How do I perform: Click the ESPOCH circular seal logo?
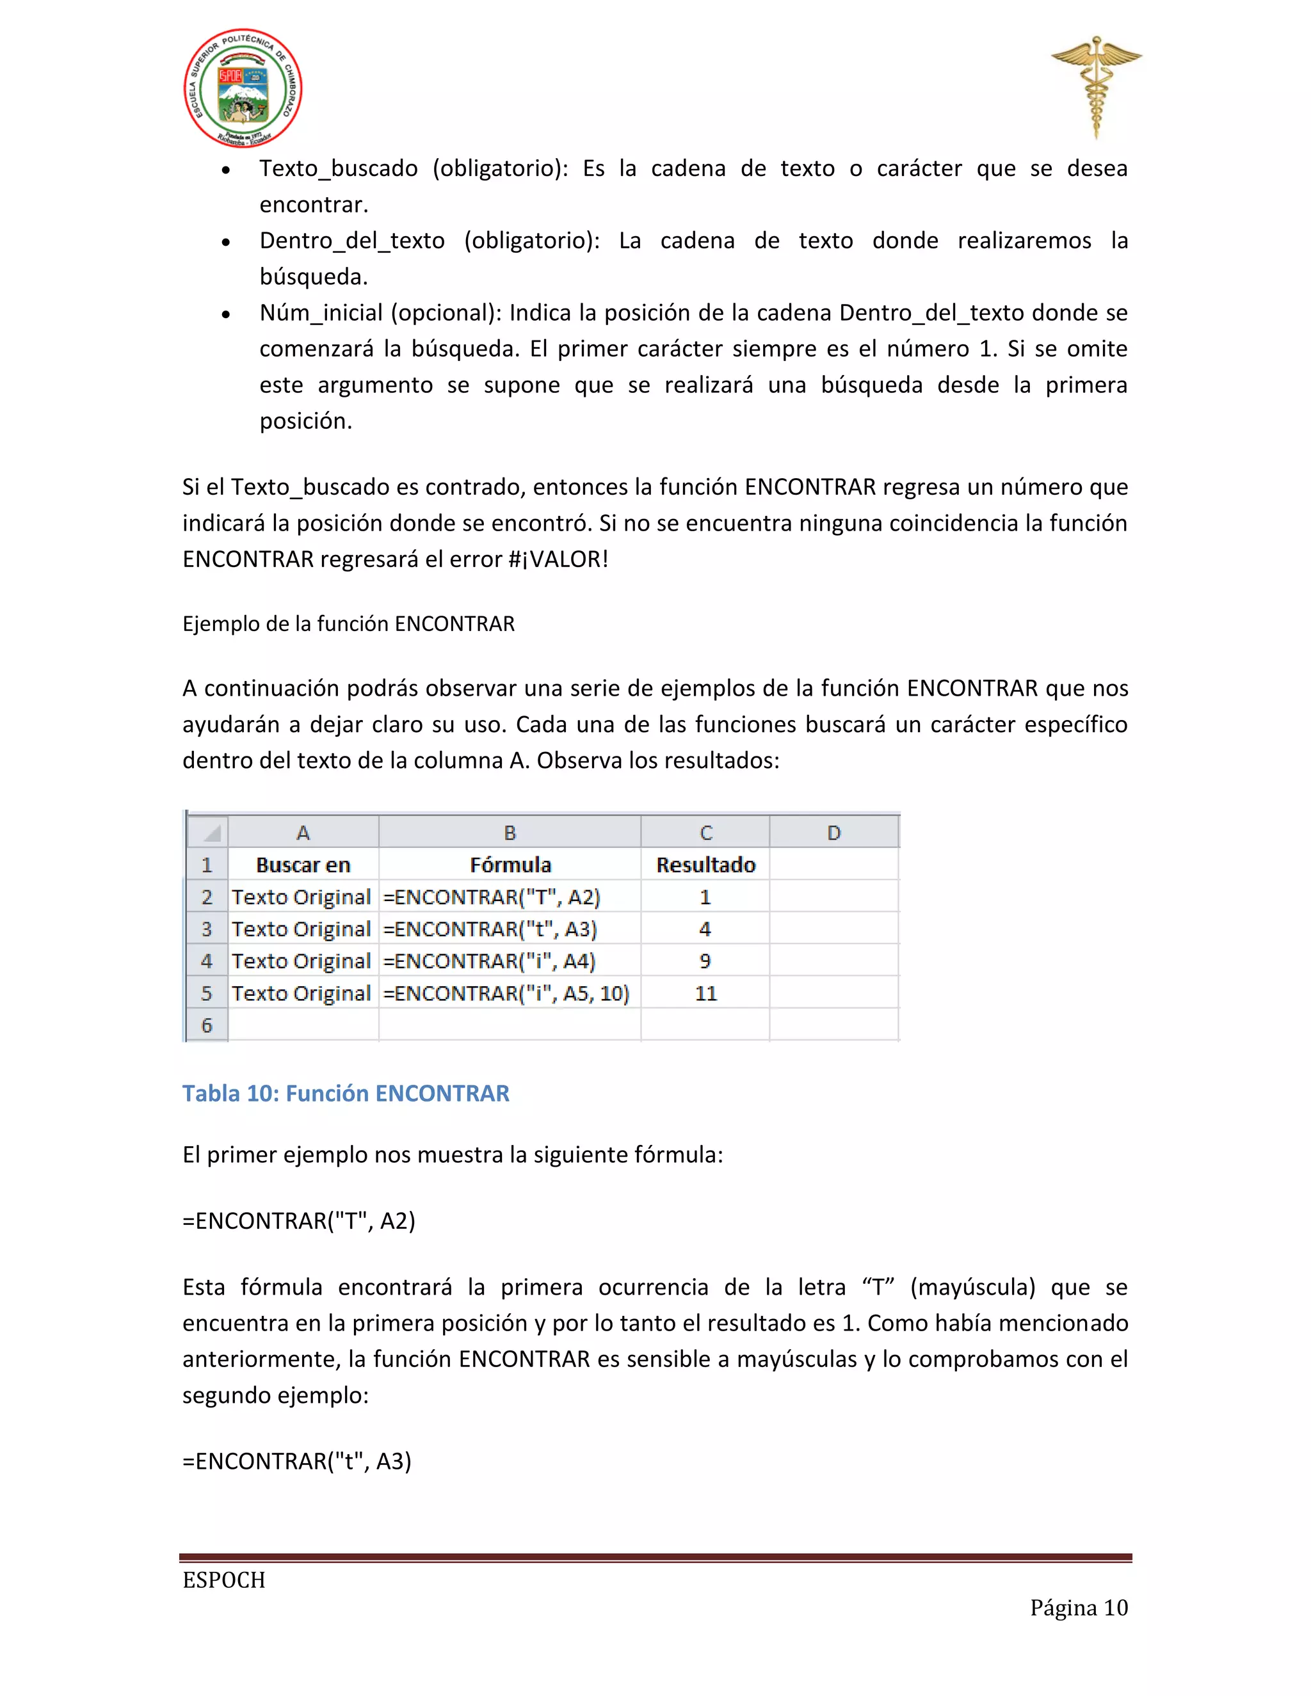click(x=243, y=88)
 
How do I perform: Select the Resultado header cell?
click(x=705, y=864)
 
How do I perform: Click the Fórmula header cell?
click(x=510, y=864)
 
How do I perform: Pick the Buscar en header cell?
click(x=303, y=864)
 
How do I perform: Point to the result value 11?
click(x=705, y=993)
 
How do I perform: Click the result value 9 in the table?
click(x=705, y=961)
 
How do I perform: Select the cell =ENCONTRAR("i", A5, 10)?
click(x=506, y=993)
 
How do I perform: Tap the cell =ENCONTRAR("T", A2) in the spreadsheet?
click(x=492, y=897)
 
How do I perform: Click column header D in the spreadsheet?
click(x=834, y=833)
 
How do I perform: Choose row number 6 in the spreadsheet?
click(x=207, y=1025)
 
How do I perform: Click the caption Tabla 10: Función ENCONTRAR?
click(x=346, y=1093)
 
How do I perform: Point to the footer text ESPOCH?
click(x=223, y=1580)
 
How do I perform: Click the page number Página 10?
click(x=1078, y=1608)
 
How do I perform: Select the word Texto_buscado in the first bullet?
click(x=339, y=168)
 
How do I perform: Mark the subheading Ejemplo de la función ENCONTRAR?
click(x=348, y=623)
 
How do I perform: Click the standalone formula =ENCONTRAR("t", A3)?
click(x=296, y=1462)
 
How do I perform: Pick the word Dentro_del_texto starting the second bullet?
click(x=352, y=241)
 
